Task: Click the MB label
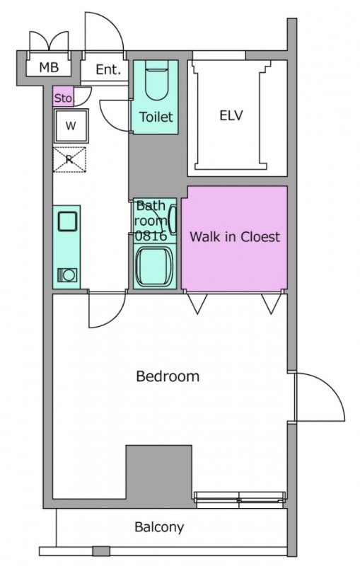[49, 67]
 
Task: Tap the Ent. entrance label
[108, 69]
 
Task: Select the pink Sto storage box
[63, 97]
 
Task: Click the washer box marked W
[71, 126]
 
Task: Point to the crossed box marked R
[69, 159]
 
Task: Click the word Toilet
[156, 117]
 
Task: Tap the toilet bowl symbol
[156, 83]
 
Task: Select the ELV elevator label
[231, 115]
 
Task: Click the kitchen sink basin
[67, 221]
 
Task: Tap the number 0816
[151, 236]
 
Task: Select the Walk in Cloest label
[235, 237]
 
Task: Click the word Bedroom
[168, 376]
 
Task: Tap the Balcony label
[159, 527]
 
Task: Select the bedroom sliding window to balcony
[240, 499]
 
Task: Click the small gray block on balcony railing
[101, 551]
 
